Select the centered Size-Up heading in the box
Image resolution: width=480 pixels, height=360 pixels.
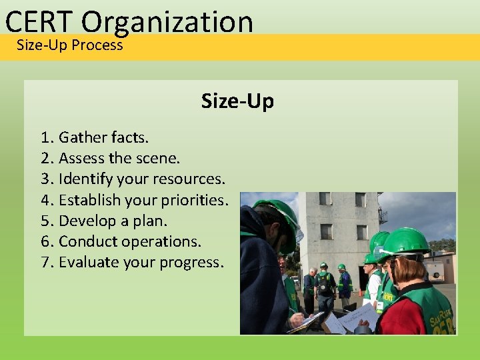click(237, 101)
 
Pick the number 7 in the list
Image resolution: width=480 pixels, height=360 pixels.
click(45, 262)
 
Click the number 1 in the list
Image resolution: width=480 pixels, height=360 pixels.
click(45, 137)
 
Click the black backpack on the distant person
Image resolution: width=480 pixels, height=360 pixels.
click(324, 285)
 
